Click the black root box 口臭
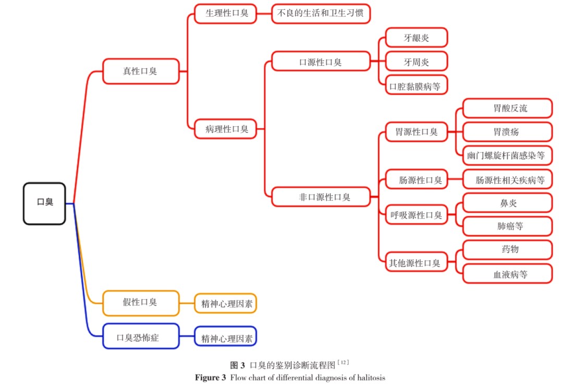(x=44, y=204)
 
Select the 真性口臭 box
(x=141, y=71)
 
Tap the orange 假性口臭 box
(x=141, y=303)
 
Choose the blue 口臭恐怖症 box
(x=141, y=336)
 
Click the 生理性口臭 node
(x=226, y=14)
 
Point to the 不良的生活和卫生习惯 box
(x=321, y=14)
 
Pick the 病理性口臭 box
(x=226, y=129)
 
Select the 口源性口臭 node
(x=321, y=61)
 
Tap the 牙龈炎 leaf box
(x=417, y=38)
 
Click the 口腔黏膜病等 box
(x=417, y=85)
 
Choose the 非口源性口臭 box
(x=321, y=197)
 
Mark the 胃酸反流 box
(x=507, y=108)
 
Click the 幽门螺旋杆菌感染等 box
(x=507, y=155)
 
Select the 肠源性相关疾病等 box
(x=507, y=179)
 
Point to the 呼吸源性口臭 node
(x=417, y=214)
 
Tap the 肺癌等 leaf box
(x=507, y=226)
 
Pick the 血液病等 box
(x=507, y=274)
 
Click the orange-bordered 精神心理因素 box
(x=226, y=303)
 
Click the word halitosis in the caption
(x=371, y=378)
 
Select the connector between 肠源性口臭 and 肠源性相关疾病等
(x=455, y=179)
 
